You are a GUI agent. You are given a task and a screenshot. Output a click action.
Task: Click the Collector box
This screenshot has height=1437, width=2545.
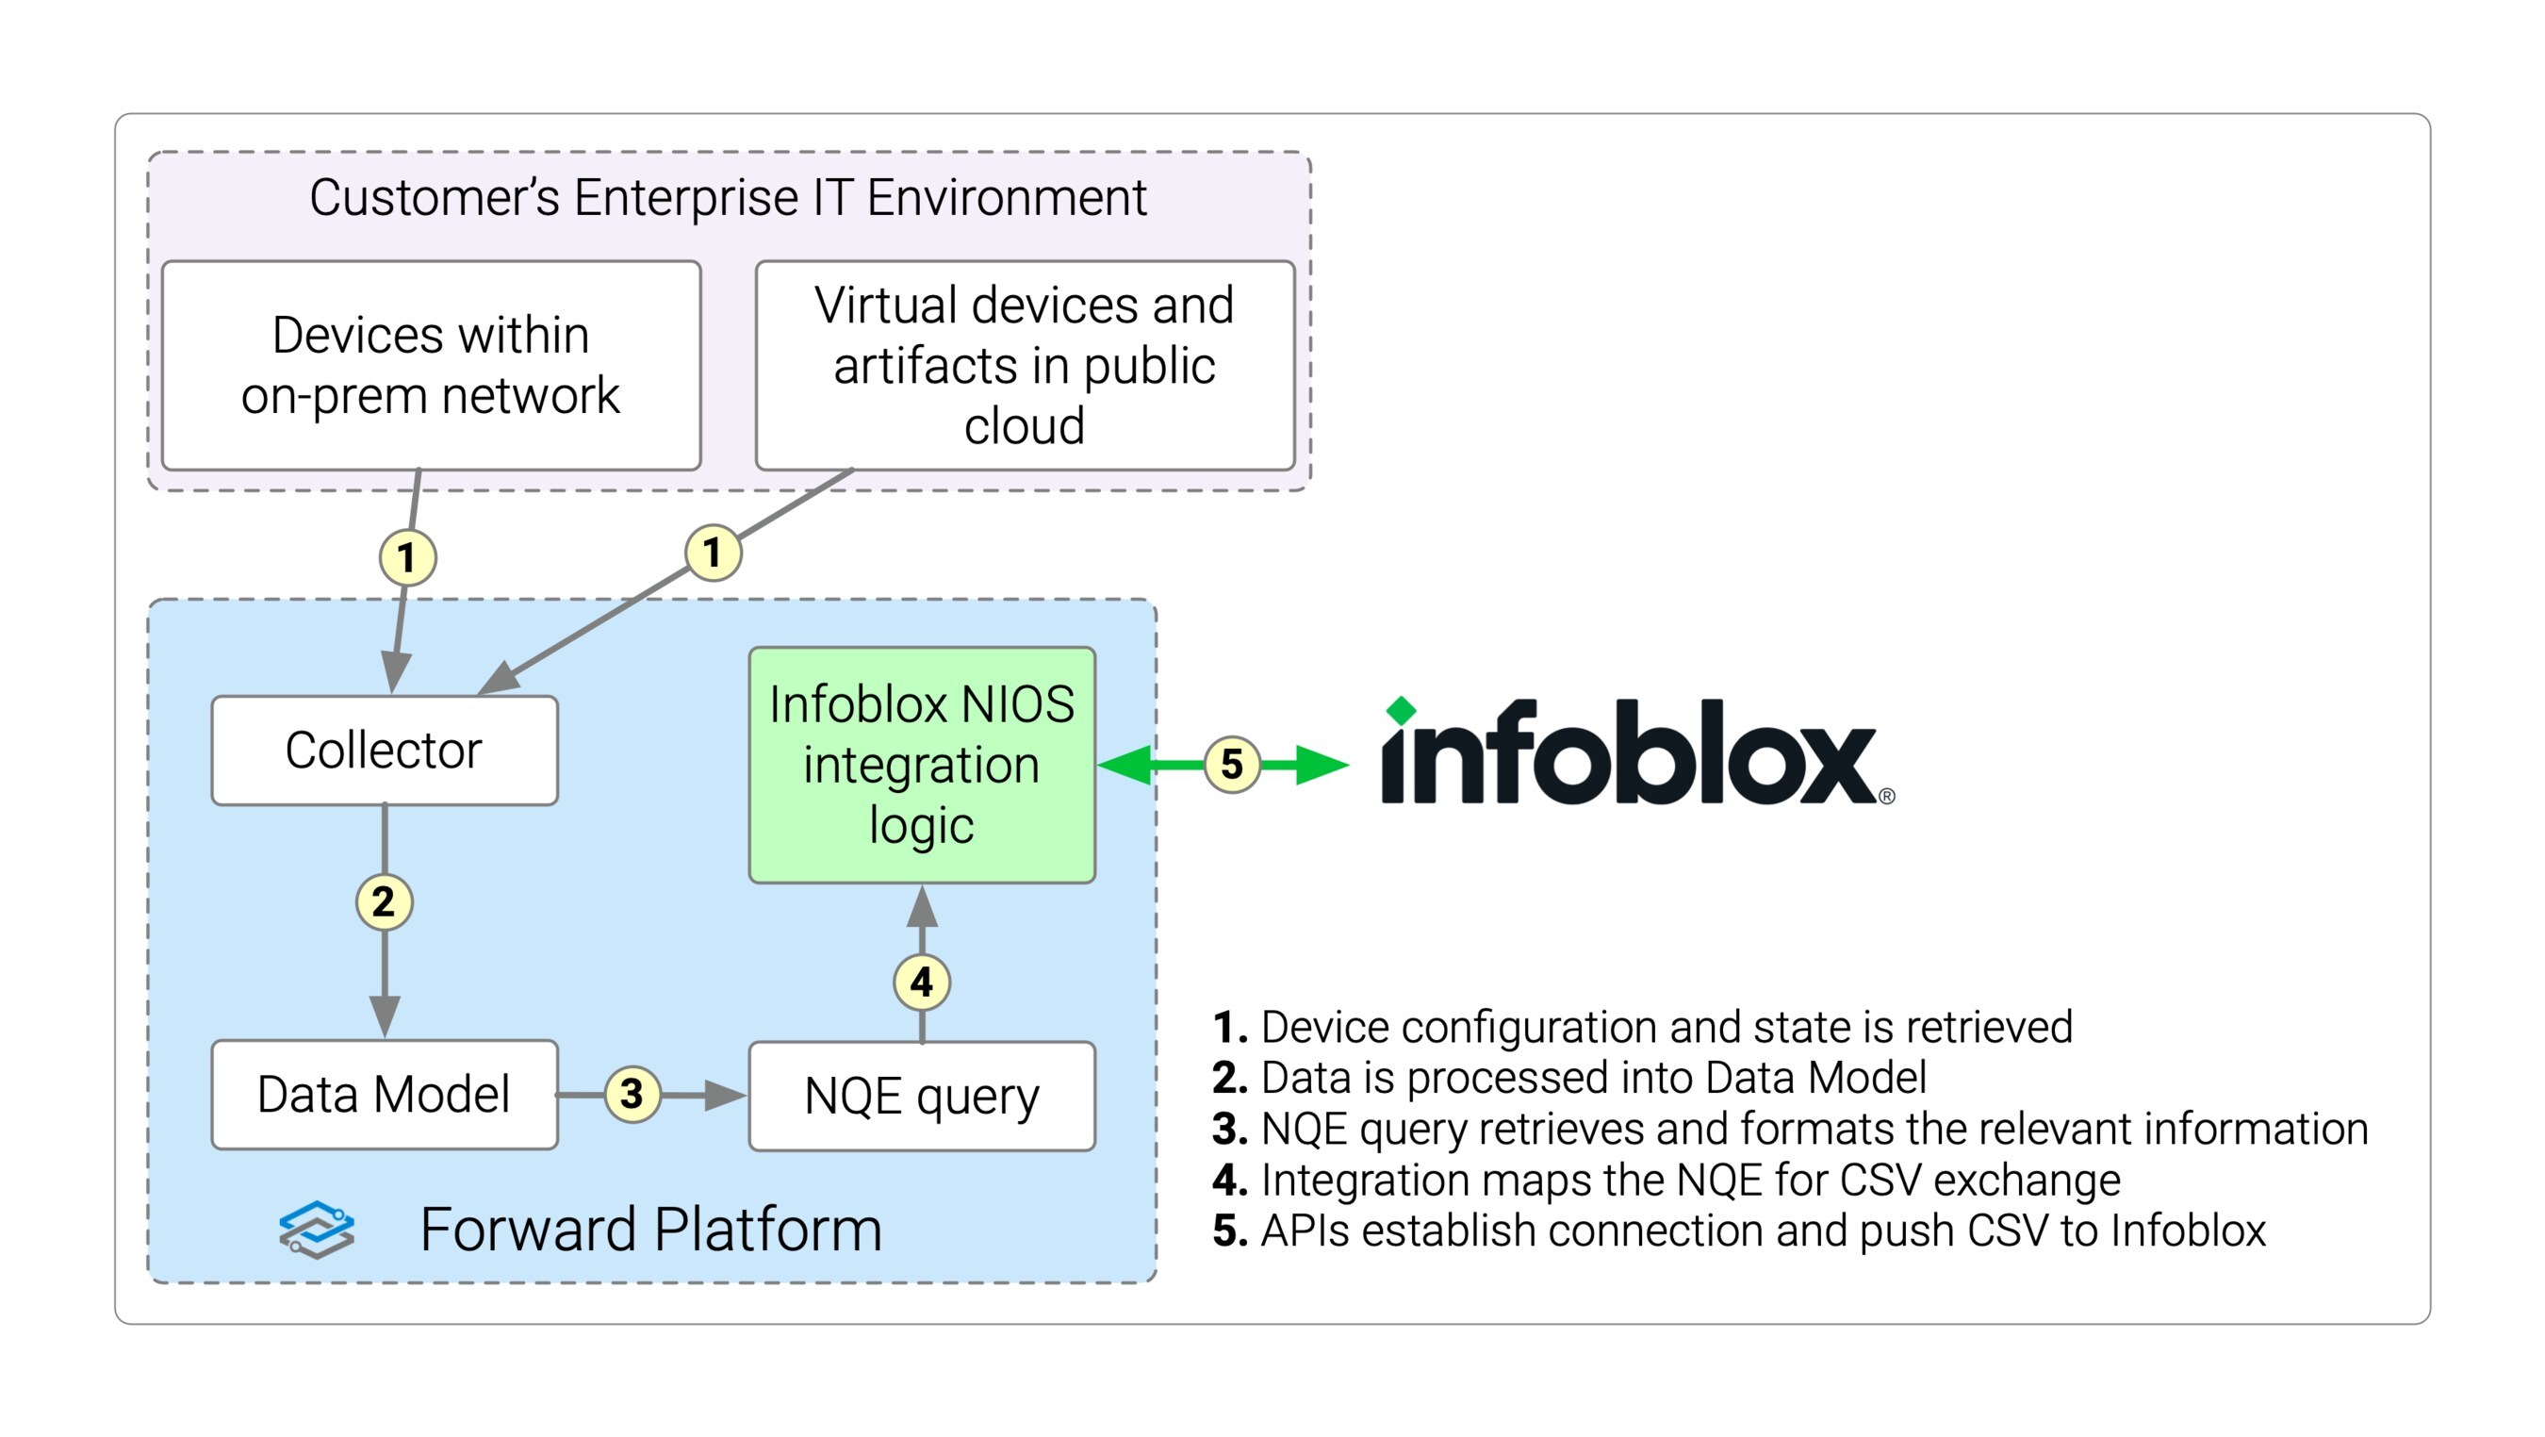click(385, 751)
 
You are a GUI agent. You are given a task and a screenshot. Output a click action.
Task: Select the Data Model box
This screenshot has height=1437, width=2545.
click(385, 1094)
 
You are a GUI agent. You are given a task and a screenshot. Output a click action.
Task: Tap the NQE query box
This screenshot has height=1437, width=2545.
click(922, 1096)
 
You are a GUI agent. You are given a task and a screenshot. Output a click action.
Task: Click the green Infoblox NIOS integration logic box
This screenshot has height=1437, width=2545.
click(922, 765)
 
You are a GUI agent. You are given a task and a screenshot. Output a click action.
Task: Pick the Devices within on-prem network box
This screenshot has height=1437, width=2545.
click(431, 366)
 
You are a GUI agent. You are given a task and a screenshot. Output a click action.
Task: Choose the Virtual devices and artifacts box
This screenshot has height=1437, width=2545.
click(1025, 366)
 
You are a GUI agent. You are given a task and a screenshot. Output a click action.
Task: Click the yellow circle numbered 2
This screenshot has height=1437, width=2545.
click(384, 901)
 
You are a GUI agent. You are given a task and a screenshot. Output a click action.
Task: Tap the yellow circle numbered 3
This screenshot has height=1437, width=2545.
click(632, 1094)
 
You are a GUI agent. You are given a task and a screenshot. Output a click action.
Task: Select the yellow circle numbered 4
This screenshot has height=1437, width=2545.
click(922, 983)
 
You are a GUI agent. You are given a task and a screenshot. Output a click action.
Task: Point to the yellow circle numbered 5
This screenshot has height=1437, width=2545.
click(1232, 764)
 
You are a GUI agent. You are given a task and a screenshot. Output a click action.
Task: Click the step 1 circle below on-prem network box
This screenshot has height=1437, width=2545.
click(407, 557)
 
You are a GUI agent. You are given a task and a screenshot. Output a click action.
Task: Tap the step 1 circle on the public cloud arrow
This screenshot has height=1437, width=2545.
click(713, 552)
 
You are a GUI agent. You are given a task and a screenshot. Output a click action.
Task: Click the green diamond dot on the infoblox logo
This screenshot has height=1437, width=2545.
click(1401, 711)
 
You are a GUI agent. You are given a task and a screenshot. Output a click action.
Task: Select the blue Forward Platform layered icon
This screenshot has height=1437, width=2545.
click(316, 1230)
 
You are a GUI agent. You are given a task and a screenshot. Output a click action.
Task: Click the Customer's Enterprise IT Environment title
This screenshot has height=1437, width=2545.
click(728, 197)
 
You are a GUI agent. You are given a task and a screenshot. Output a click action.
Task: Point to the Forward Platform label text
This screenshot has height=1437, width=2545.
click(651, 1230)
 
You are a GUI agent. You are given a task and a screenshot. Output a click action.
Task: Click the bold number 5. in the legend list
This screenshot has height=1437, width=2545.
click(1230, 1231)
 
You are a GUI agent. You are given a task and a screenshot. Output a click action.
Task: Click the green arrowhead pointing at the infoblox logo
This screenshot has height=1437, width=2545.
click(1322, 764)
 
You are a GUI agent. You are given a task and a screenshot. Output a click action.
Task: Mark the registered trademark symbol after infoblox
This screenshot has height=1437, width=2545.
click(1887, 797)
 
